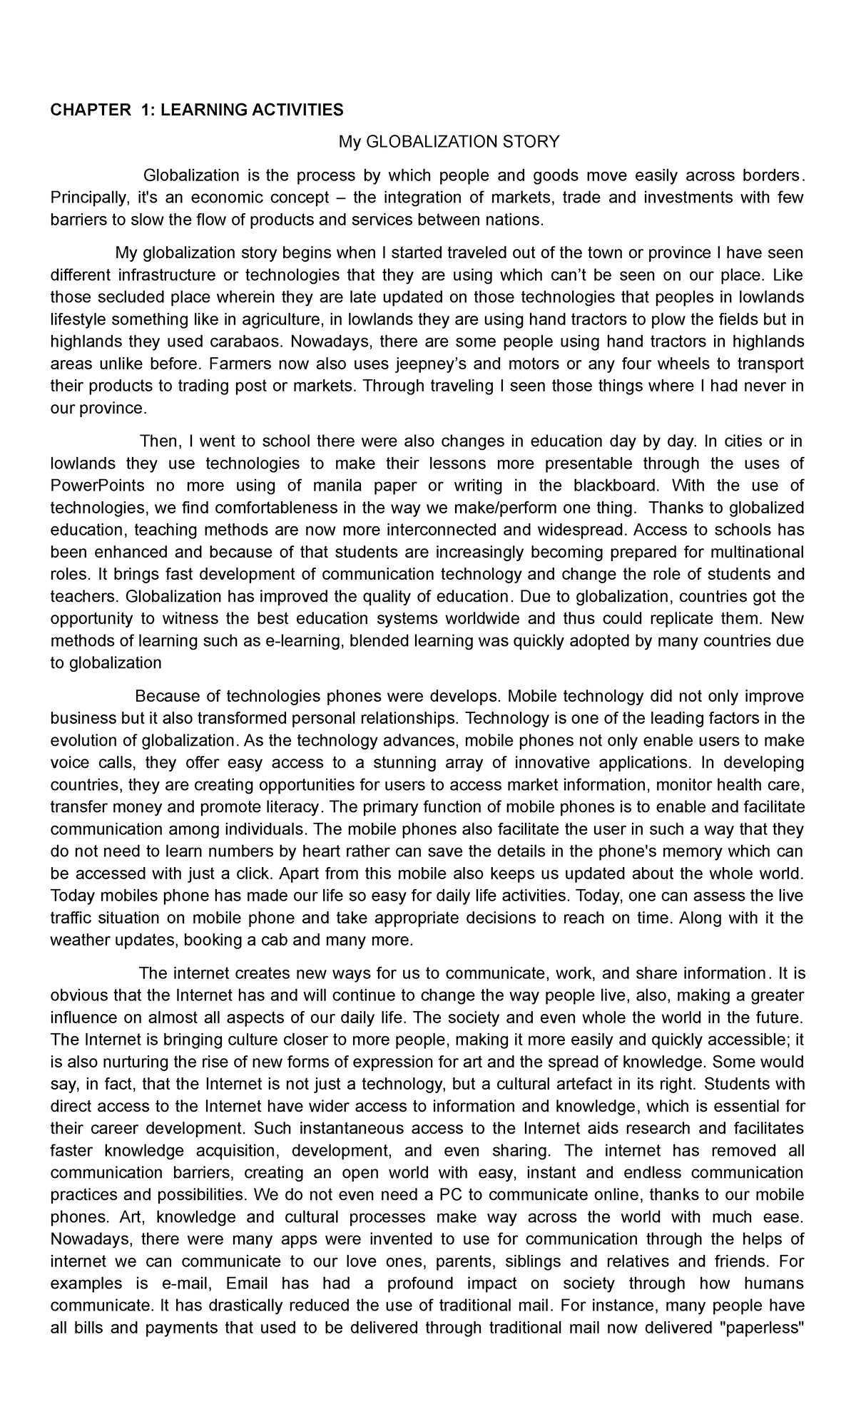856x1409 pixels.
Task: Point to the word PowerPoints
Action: coord(98,486)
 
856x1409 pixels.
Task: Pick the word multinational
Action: coord(755,553)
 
